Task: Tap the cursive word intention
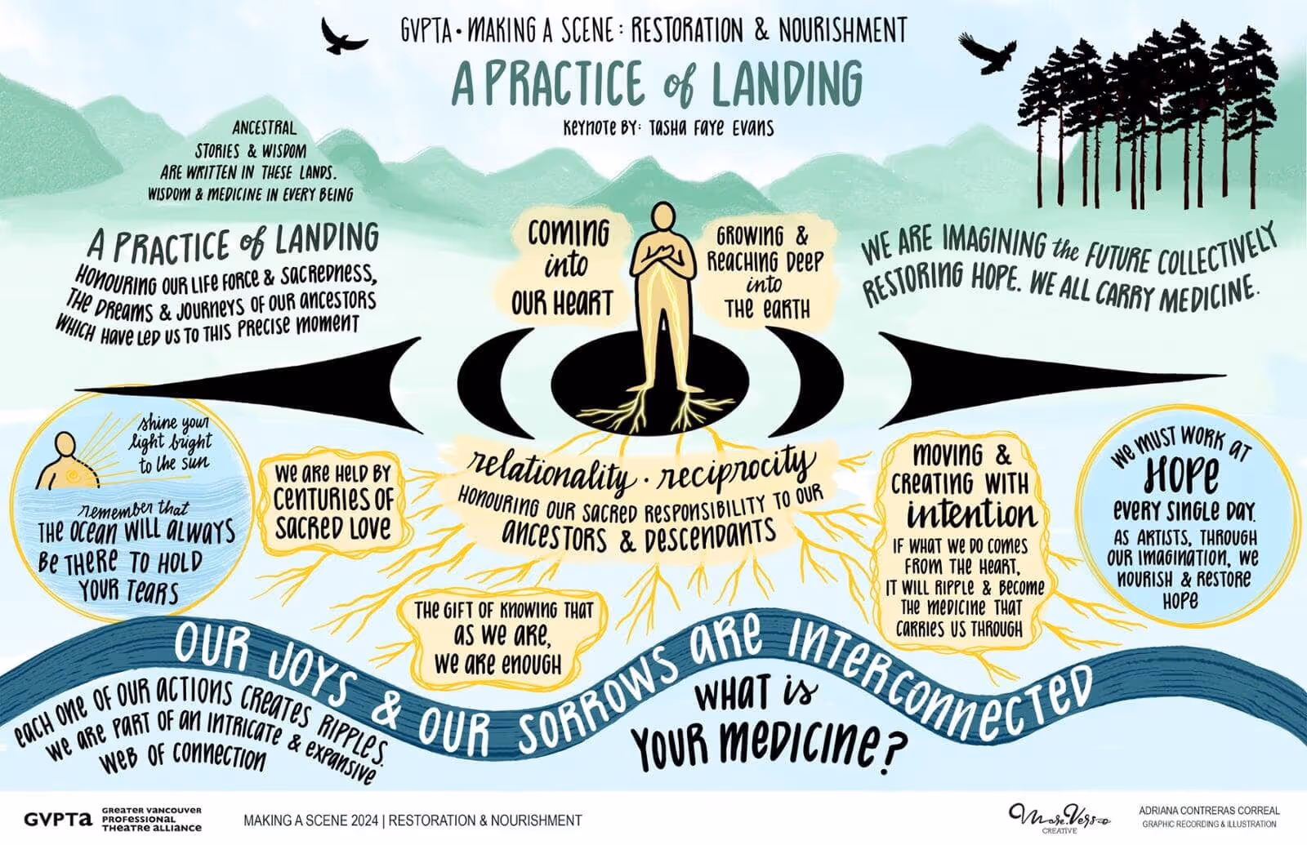(971, 514)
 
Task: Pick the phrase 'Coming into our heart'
(564, 268)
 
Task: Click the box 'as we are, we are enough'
(499, 639)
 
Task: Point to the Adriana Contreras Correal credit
(1209, 812)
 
